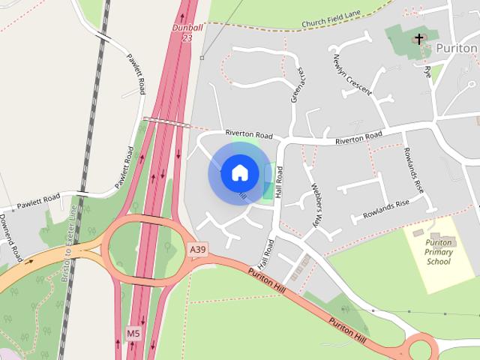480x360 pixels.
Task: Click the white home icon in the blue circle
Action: (239, 173)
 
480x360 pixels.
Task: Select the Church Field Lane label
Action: (330, 23)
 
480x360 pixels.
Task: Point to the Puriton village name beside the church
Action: (457, 47)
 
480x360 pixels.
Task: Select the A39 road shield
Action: (197, 249)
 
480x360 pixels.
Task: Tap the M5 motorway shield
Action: (133, 332)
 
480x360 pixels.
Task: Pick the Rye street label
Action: (427, 73)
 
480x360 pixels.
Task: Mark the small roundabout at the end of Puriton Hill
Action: (420, 348)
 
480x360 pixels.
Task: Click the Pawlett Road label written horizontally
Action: (40, 201)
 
